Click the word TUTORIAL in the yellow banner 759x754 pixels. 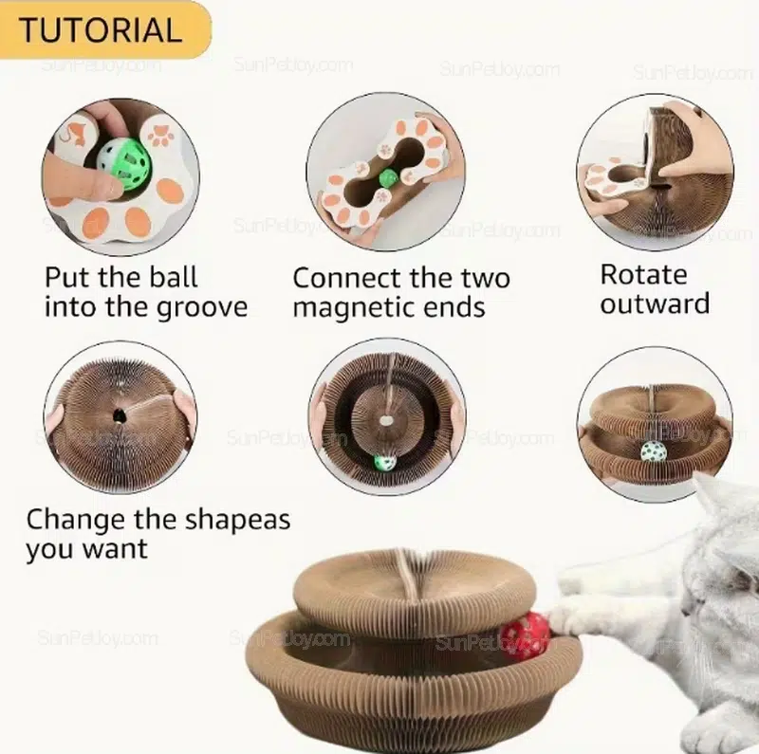click(x=101, y=30)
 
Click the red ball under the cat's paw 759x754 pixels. click(x=526, y=633)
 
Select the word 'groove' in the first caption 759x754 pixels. click(x=202, y=308)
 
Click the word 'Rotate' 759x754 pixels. click(x=643, y=275)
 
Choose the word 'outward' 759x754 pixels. click(x=655, y=303)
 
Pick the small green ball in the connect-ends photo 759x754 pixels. click(x=388, y=178)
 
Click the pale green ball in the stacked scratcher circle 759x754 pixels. click(x=654, y=452)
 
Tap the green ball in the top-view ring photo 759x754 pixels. click(x=385, y=462)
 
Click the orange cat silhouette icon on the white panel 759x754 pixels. click(x=76, y=132)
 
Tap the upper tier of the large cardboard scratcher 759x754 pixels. click(x=415, y=593)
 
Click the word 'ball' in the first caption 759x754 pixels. click(x=174, y=277)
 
